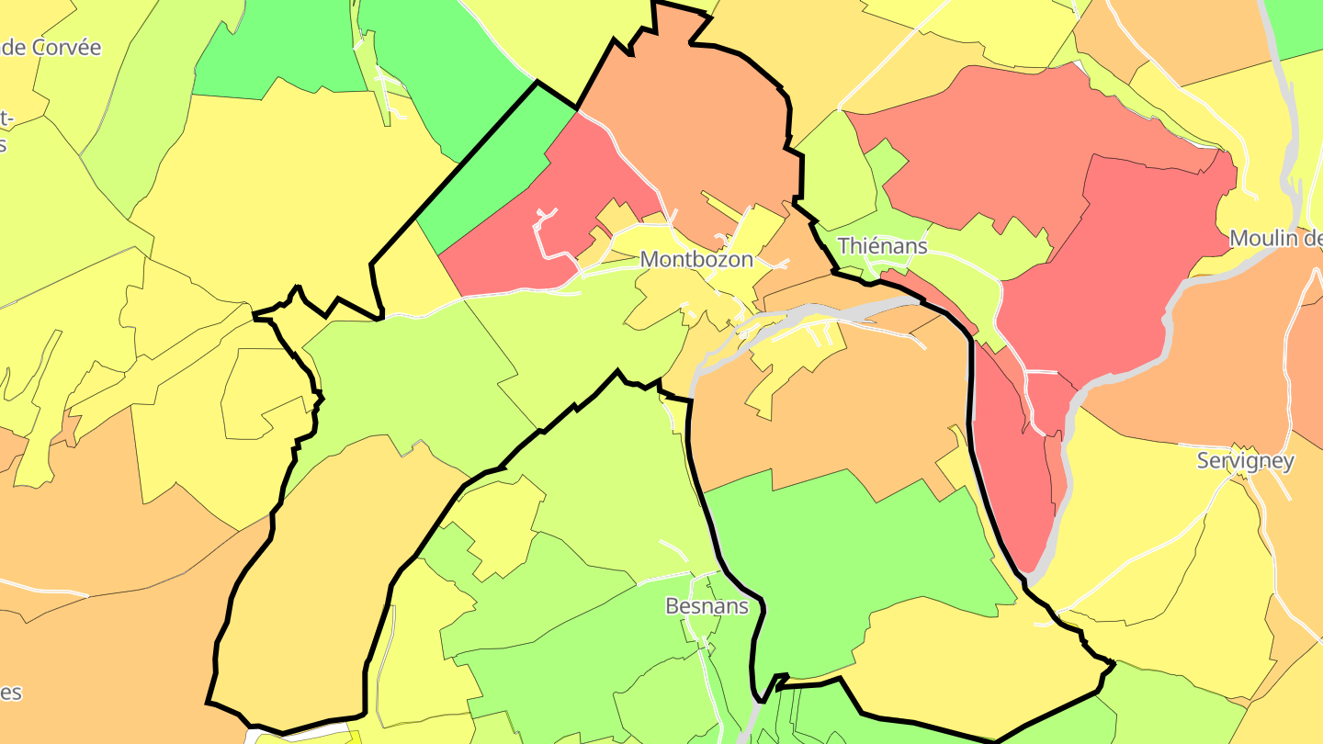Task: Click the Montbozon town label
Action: [x=696, y=259]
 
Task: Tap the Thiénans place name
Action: [x=882, y=246]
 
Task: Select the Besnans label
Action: [x=707, y=606]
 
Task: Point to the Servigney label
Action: [x=1245, y=461]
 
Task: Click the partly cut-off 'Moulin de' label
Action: [x=1275, y=239]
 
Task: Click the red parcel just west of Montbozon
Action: [x=514, y=239]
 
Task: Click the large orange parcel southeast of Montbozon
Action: [x=827, y=413]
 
